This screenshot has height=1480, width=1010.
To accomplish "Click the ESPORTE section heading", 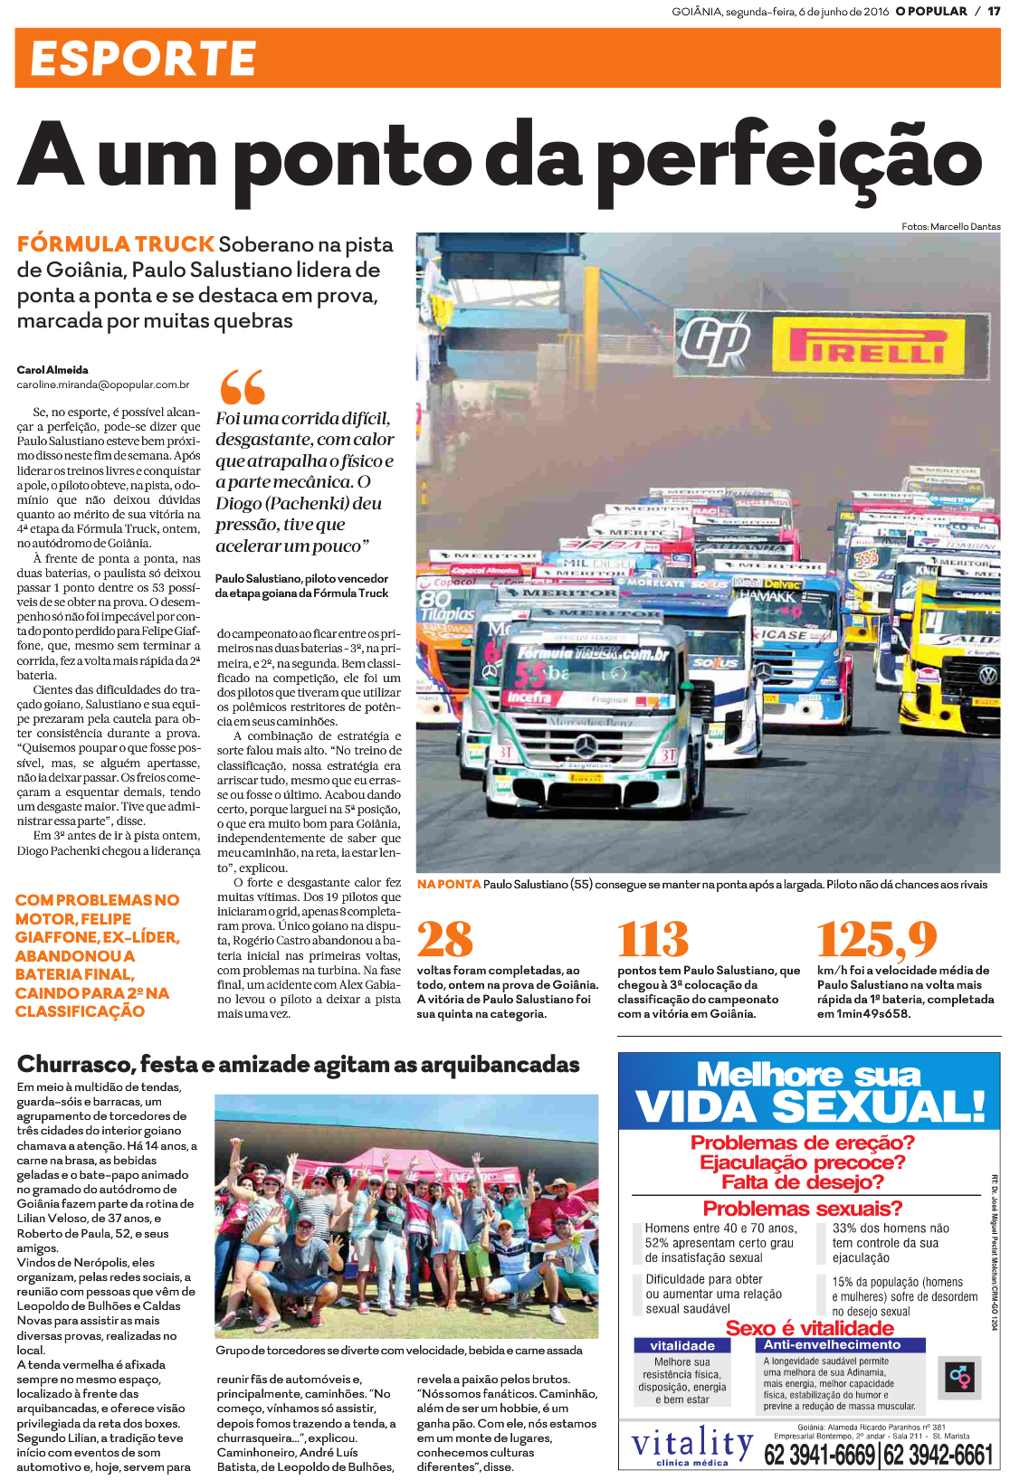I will [143, 59].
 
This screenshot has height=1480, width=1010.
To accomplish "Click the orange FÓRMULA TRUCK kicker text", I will [115, 244].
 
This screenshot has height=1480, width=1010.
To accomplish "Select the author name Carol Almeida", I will [52, 370].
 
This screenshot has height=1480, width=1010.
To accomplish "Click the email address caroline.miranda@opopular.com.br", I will [103, 384].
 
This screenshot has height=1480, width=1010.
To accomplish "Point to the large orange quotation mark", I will [242, 386].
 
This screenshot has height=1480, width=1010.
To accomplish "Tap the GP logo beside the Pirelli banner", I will [716, 342].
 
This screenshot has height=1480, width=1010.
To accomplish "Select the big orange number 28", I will [445, 939].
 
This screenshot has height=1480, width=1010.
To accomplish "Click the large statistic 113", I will [653, 939].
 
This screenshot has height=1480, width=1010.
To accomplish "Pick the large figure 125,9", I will [877, 939].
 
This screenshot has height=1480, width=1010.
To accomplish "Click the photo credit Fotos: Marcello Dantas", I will [950, 226].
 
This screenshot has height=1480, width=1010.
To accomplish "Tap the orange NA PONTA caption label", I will [449, 884].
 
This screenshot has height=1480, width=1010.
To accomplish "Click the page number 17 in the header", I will [993, 12].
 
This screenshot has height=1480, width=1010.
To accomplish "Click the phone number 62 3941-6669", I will [820, 1455].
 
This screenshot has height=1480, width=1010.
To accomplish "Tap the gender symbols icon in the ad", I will [958, 1377].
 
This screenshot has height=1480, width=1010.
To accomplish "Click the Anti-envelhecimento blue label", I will [832, 1344].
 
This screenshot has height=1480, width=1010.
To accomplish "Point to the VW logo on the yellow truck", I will [988, 674].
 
